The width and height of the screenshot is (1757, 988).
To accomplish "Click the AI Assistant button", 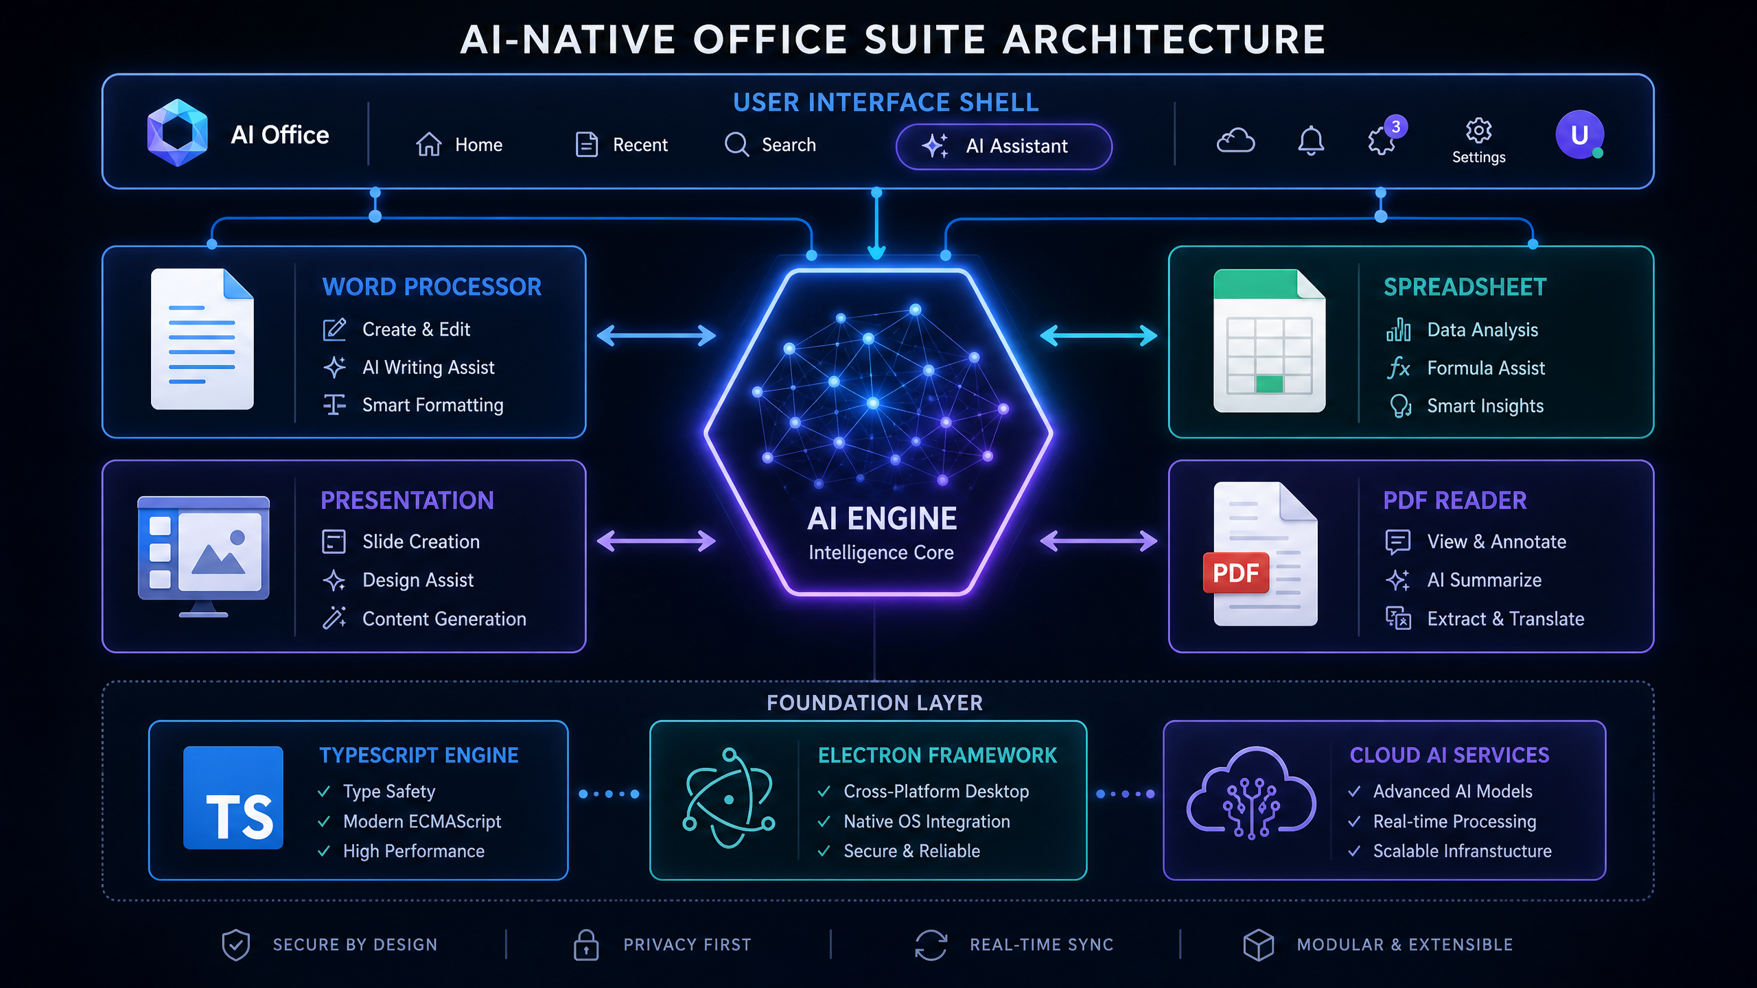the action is (1003, 146).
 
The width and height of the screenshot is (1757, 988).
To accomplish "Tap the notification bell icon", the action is (1310, 141).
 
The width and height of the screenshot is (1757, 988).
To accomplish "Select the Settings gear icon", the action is (1478, 130).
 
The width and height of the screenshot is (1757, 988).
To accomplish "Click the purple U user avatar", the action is (1579, 134).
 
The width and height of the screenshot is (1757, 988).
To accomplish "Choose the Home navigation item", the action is (458, 145).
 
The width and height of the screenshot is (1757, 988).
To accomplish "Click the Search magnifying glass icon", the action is (736, 145).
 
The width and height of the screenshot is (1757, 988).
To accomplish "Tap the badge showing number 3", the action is (1395, 127).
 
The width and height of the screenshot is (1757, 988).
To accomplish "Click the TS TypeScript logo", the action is (233, 797).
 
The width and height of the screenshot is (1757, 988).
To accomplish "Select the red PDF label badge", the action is (1235, 572).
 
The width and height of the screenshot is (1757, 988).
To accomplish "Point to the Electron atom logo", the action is (729, 798).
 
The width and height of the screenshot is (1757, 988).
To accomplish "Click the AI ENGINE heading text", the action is (882, 519).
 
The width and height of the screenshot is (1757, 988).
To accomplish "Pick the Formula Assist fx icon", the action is (1398, 368).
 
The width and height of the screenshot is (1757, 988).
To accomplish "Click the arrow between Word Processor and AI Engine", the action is (656, 336).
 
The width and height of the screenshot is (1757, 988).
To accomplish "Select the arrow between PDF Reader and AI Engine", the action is (1098, 541).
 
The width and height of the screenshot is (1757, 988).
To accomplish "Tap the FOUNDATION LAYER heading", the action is (874, 703).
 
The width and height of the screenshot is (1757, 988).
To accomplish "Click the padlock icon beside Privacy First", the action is (585, 945).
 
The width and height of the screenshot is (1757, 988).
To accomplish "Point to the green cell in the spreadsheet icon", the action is (1269, 384).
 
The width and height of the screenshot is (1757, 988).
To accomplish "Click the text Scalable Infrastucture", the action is (1462, 851).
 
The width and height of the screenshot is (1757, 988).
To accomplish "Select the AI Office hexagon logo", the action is (177, 133).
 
